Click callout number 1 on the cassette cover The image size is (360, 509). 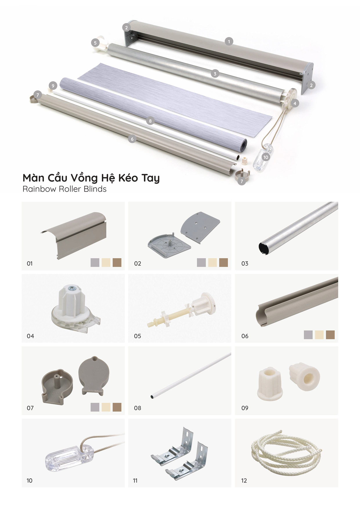229,41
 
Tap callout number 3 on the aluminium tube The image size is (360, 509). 215,74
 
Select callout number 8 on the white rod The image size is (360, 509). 150,121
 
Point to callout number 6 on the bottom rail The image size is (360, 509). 132,139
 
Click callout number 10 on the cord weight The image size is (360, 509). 266,157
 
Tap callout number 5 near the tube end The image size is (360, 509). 95,43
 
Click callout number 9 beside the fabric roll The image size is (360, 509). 53,86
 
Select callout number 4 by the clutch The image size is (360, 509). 295,103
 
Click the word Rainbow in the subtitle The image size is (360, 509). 39,189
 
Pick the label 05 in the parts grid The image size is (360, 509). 138,336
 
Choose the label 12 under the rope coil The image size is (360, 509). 244,481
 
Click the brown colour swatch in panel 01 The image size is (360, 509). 117,262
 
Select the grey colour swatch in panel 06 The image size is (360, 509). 308,335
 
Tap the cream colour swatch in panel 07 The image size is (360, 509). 106,407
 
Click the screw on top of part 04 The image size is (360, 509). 70,288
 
